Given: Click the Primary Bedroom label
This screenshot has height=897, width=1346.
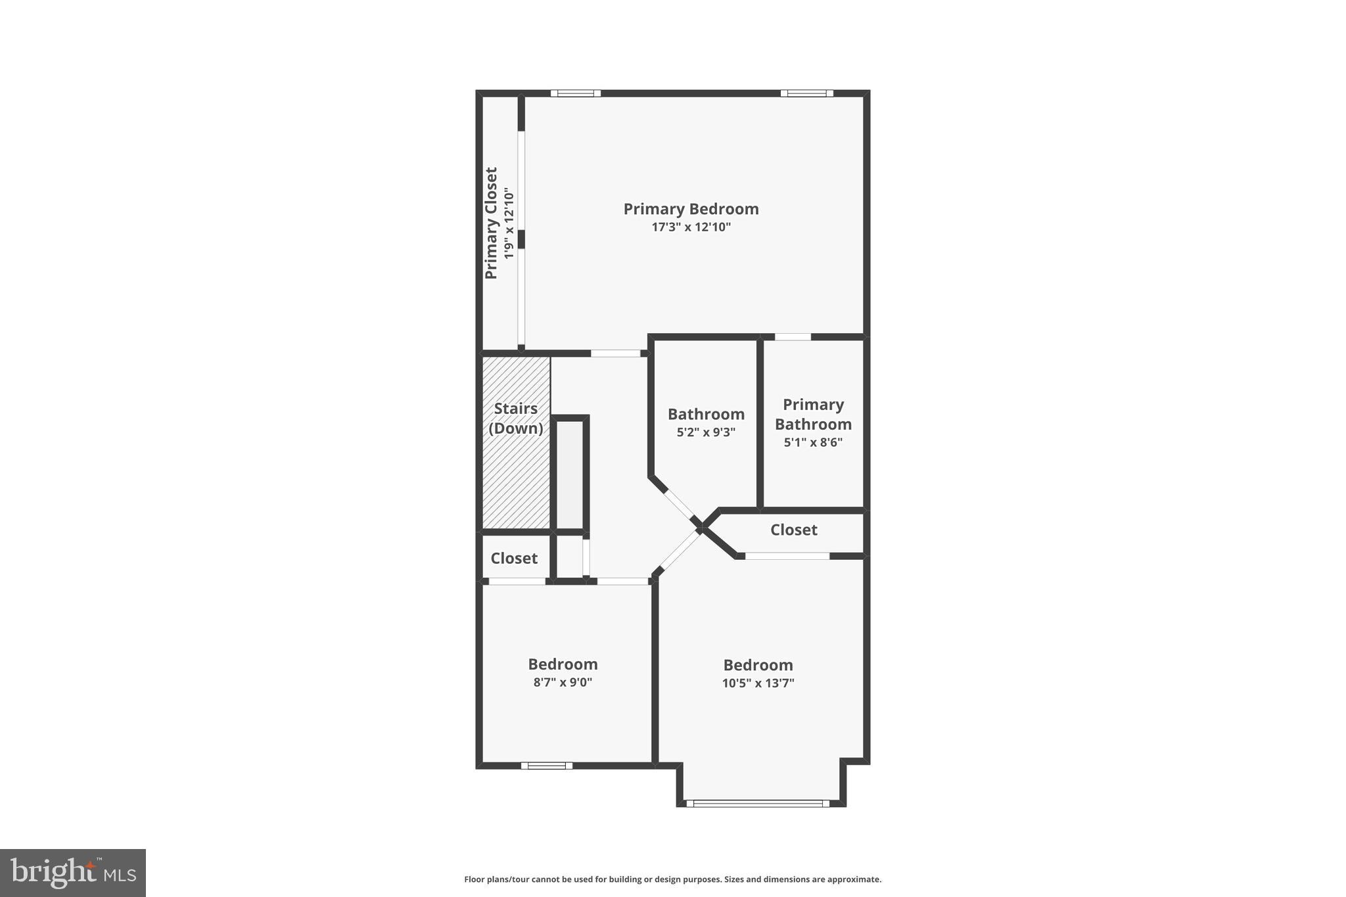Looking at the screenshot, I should (691, 209).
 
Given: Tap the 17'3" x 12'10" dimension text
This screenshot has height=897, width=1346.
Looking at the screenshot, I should (691, 227).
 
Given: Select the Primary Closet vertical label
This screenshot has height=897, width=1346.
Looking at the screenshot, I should (492, 223).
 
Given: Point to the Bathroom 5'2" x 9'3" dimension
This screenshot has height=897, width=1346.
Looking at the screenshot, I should (706, 432).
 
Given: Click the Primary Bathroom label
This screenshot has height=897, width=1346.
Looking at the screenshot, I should (813, 414).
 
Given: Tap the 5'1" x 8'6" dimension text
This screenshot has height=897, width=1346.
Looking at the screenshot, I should (813, 442).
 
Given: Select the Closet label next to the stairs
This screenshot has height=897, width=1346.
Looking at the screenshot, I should (514, 558).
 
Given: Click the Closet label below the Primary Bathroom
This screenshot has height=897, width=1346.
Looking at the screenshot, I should (793, 530).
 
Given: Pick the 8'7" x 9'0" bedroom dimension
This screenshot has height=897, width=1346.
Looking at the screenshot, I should (563, 682).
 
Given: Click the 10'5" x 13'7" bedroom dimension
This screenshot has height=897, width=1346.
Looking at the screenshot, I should (758, 683).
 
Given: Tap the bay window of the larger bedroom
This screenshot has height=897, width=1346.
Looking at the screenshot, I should (758, 803).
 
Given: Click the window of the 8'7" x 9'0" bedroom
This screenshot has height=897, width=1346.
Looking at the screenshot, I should (547, 766).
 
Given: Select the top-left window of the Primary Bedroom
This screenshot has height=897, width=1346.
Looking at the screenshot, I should (576, 93).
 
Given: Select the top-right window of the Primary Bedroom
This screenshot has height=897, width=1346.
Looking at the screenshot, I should (806, 93).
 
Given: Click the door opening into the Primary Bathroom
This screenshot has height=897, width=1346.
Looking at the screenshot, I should (793, 337).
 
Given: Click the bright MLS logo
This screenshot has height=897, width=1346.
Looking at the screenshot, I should (73, 873).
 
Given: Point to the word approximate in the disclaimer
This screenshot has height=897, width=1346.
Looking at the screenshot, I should (853, 879).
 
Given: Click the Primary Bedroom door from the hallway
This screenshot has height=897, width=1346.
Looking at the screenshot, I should (615, 354).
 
